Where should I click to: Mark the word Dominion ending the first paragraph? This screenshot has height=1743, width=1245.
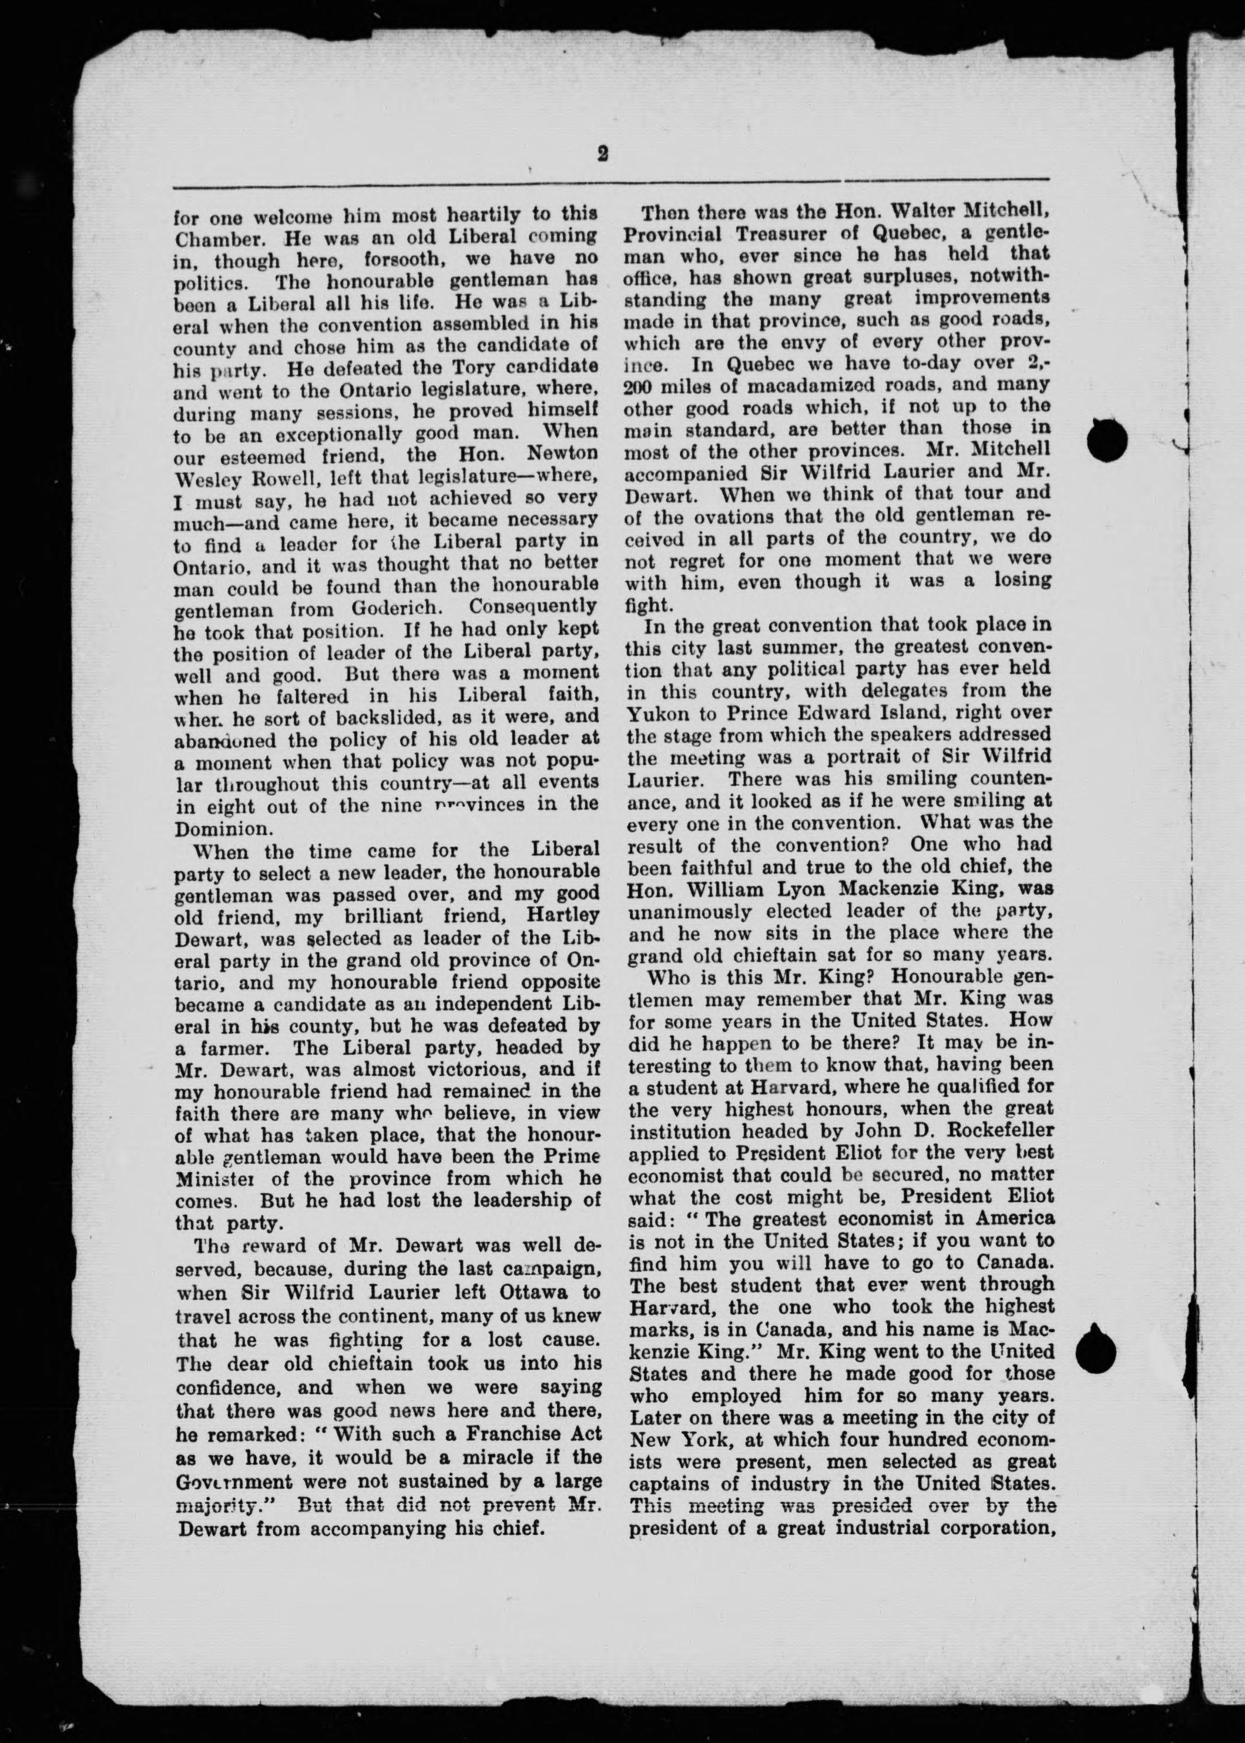pyautogui.click(x=217, y=829)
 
